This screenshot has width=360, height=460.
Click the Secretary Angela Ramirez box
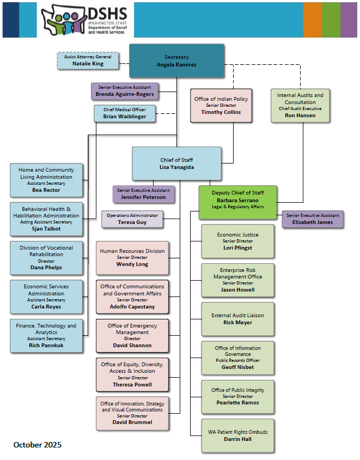[x=176, y=60]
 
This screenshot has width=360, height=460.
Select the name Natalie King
[x=87, y=64]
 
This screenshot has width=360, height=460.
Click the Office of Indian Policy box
[x=221, y=105]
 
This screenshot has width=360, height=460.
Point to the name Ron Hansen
[x=300, y=116]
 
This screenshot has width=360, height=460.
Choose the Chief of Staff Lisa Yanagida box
[x=176, y=164]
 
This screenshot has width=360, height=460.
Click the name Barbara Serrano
[x=237, y=201]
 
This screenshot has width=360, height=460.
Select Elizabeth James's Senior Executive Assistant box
[x=313, y=219]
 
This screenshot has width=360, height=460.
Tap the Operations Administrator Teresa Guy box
[x=132, y=219]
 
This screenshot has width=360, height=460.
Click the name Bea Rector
[x=46, y=190]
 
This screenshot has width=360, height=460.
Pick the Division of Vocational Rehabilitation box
[x=46, y=257]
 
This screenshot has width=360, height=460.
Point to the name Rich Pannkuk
[x=46, y=345]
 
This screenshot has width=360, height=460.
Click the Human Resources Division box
[x=132, y=257]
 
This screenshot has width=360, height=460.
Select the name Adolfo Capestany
[x=132, y=307]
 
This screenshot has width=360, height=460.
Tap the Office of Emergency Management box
[x=132, y=335]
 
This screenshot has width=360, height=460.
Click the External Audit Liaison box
[x=237, y=319]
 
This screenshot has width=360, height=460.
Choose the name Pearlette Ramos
[x=237, y=403]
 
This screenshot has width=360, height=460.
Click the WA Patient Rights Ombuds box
[x=237, y=435]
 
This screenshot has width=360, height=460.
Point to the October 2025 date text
[x=38, y=445]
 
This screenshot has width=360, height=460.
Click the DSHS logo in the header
[x=85, y=20]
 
